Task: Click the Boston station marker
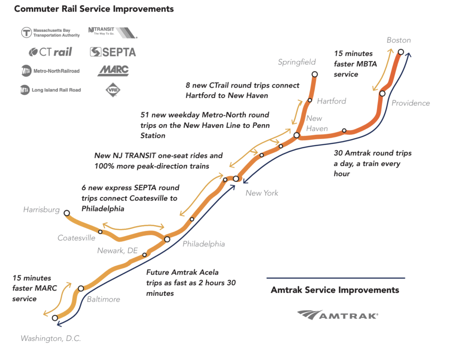pyautogui.click(x=400, y=52)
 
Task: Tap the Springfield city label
pyautogui.click(x=297, y=62)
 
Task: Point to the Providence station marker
pyautogui.click(x=382, y=93)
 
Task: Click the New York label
pyautogui.click(x=262, y=193)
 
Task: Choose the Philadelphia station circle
pyautogui.click(x=167, y=239)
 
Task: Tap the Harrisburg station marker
pyautogui.click(x=67, y=213)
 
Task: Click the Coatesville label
pyautogui.click(x=76, y=238)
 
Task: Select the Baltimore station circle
pyautogui.click(x=81, y=288)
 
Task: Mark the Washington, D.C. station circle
pyautogui.click(x=55, y=318)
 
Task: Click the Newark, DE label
pyautogui.click(x=118, y=251)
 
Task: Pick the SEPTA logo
pyautogui.click(x=113, y=52)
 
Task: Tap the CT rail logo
pyautogui.click(x=50, y=52)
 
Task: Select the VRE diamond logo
pyautogui.click(x=111, y=90)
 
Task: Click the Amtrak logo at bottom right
pyautogui.click(x=337, y=315)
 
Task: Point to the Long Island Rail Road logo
pyautogui.click(x=50, y=90)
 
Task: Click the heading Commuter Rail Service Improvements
pyautogui.click(x=94, y=9)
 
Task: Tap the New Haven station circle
pyautogui.click(x=297, y=135)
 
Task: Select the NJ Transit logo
pyautogui.click(x=112, y=32)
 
